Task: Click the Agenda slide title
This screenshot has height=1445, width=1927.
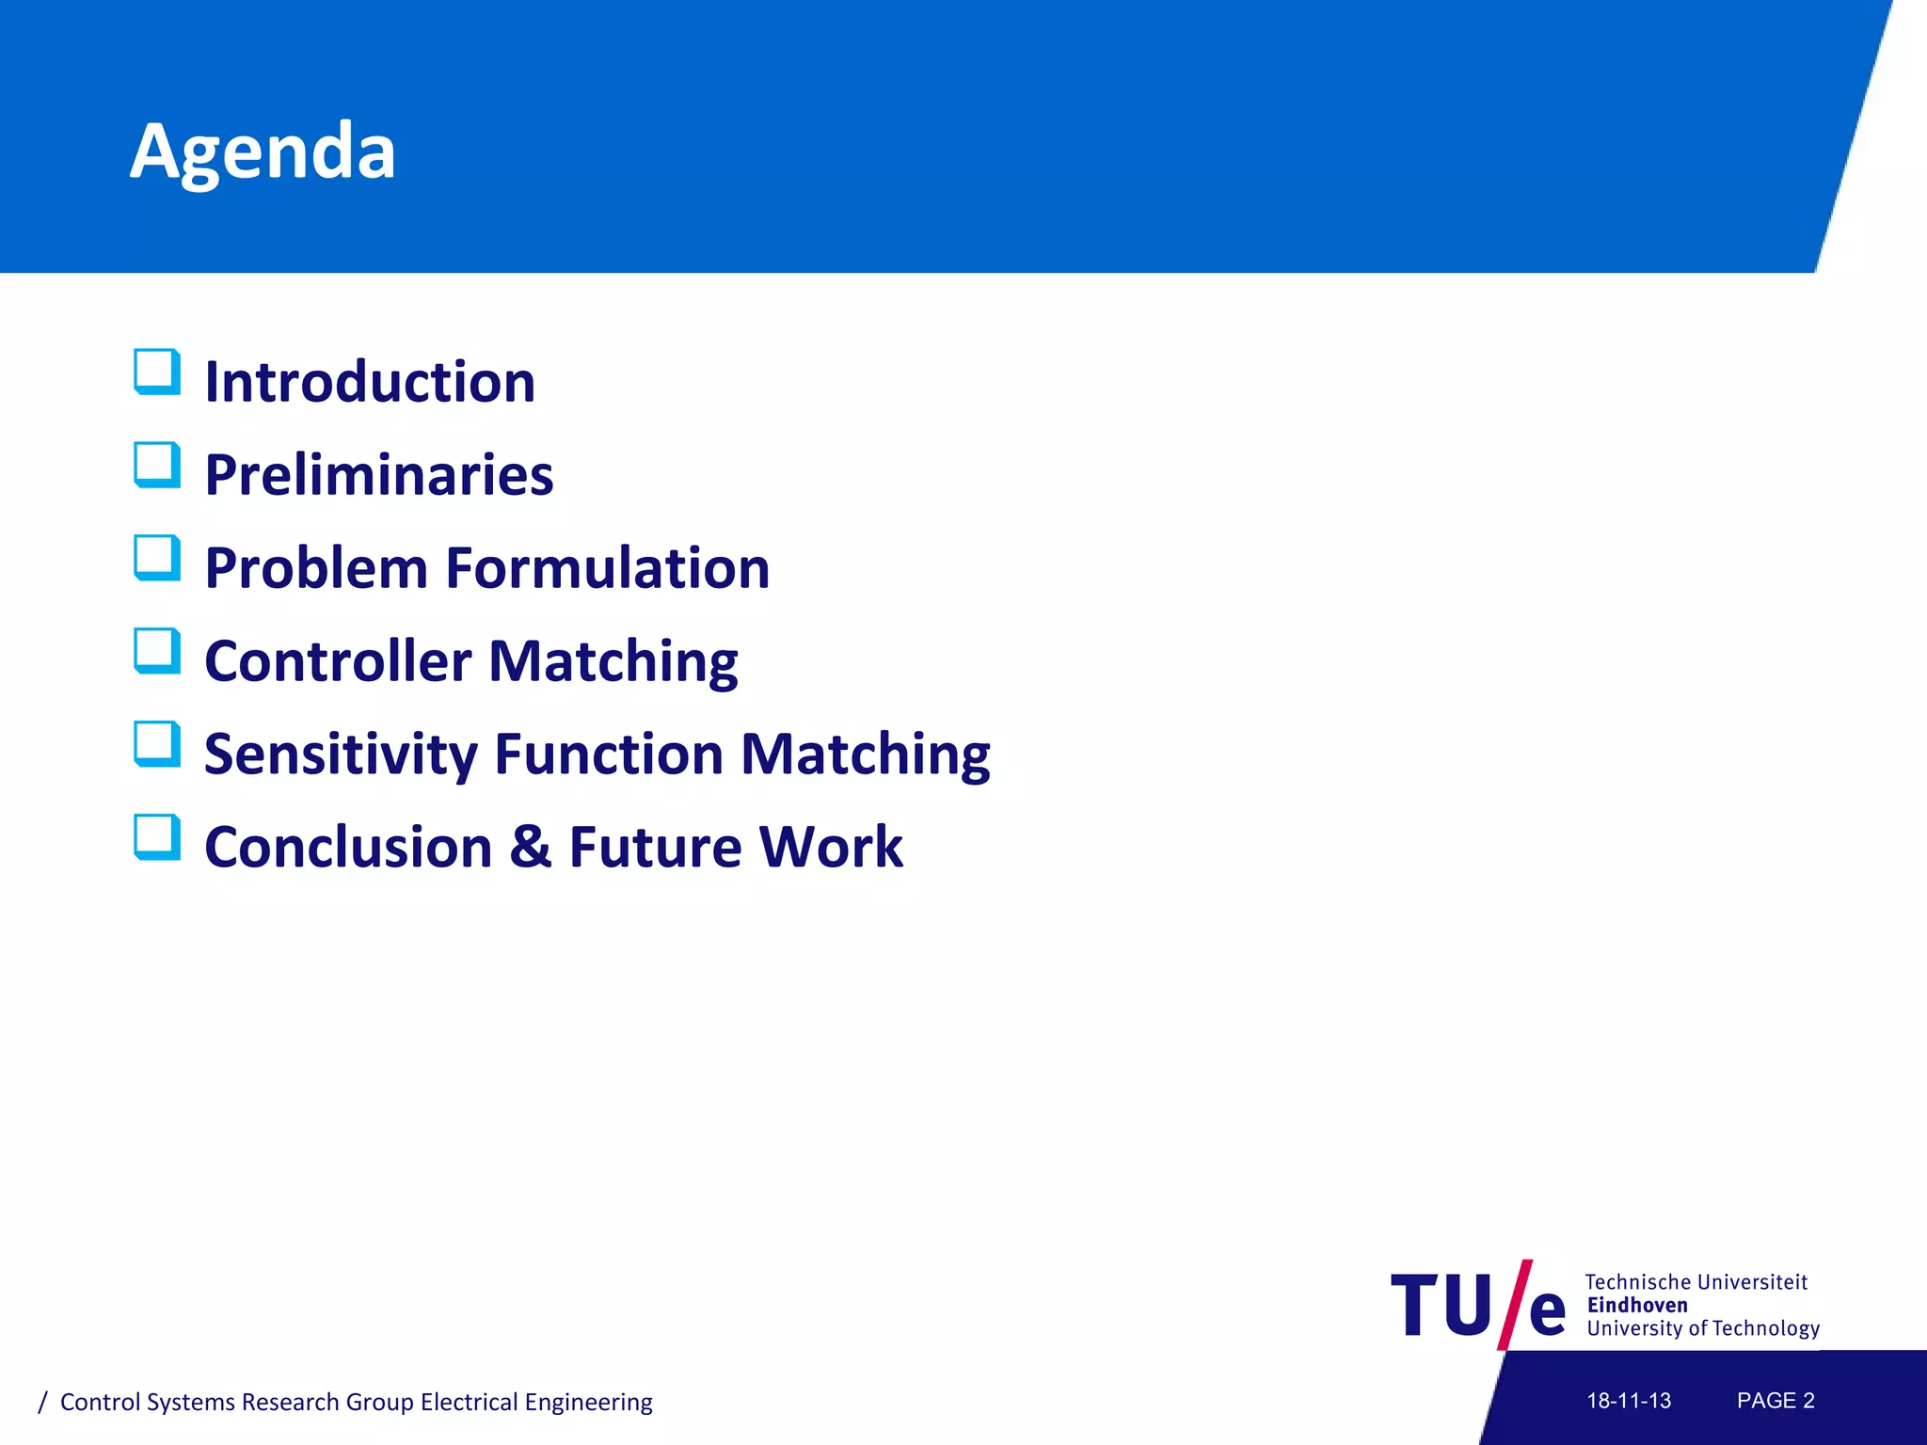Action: [x=263, y=152]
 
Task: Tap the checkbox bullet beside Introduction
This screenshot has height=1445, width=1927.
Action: [x=156, y=372]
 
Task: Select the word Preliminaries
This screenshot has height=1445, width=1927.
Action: [x=378, y=475]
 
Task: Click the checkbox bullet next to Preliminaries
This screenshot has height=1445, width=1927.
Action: [x=156, y=465]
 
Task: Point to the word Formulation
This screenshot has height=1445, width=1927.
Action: [x=607, y=568]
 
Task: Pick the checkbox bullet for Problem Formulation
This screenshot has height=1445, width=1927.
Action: [x=156, y=558]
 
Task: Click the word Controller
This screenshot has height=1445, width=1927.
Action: [x=338, y=660]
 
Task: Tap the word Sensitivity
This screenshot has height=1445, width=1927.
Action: [x=341, y=754]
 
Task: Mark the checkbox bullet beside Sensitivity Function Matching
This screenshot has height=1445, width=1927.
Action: [x=156, y=744]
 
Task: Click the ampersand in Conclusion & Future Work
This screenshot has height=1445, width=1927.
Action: [x=531, y=846]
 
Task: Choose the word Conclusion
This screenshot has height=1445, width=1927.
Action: [x=348, y=847]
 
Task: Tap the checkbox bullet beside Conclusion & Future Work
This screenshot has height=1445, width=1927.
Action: [x=156, y=837]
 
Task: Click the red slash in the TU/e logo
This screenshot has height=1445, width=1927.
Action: [x=1514, y=1305]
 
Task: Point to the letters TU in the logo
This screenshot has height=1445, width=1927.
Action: [x=1441, y=1306]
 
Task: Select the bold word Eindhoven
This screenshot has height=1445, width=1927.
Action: [x=1637, y=1305]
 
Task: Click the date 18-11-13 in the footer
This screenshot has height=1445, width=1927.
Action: [x=1629, y=1401]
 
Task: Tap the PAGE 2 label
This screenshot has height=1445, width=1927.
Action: [x=1776, y=1401]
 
